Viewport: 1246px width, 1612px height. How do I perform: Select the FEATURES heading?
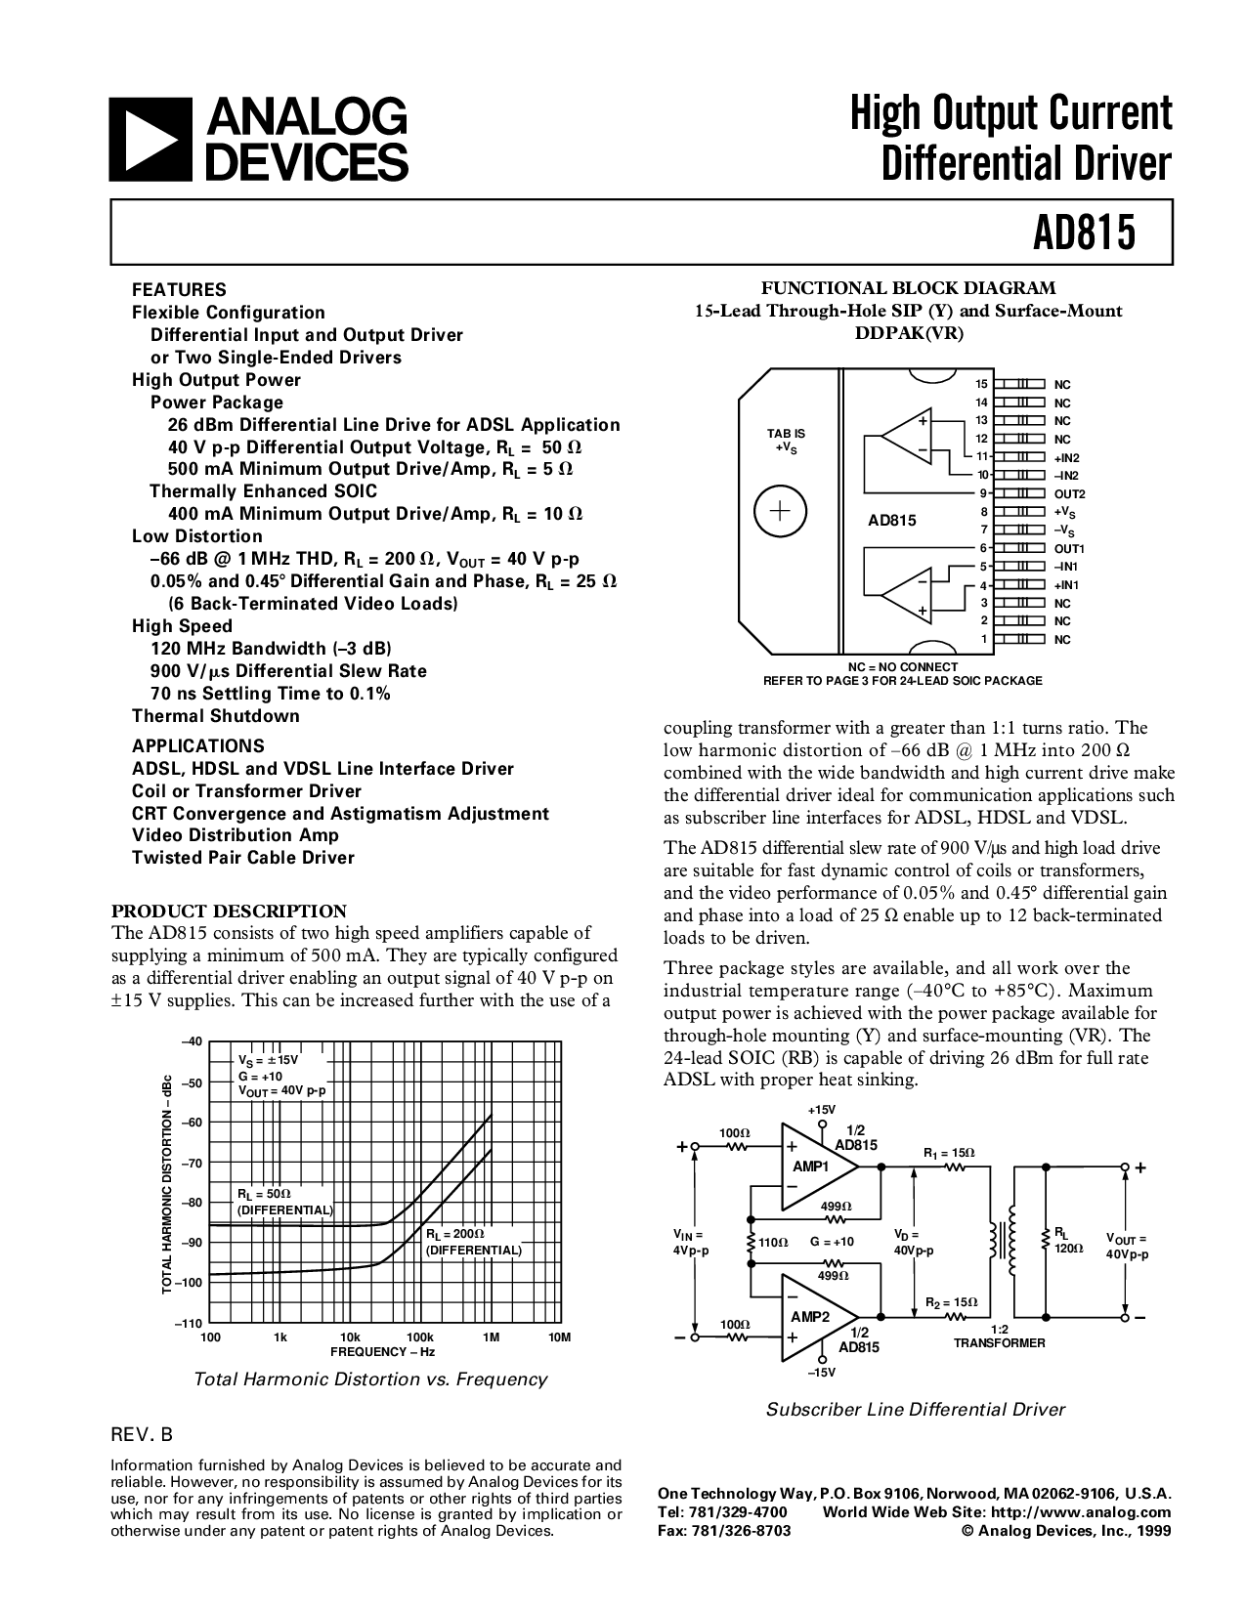pyautogui.click(x=179, y=290)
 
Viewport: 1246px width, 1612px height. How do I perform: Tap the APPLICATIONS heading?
pyautogui.click(x=198, y=745)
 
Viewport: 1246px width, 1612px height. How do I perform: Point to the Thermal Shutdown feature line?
pyautogui.click(x=216, y=716)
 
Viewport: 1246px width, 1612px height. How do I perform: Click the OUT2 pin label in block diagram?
pyautogui.click(x=1068, y=493)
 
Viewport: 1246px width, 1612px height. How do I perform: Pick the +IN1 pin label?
pyautogui.click(x=1066, y=584)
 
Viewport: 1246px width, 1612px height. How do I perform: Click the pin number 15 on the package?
pyautogui.click(x=982, y=384)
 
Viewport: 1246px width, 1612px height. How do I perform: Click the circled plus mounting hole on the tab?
pyautogui.click(x=780, y=511)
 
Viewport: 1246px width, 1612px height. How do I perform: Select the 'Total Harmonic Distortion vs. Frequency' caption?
pyautogui.click(x=370, y=1379)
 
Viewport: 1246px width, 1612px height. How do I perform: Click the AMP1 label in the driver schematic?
pyautogui.click(x=810, y=1167)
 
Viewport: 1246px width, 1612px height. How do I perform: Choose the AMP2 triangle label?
pyautogui.click(x=810, y=1316)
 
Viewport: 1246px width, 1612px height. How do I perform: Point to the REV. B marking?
pyautogui.click(x=143, y=1435)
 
